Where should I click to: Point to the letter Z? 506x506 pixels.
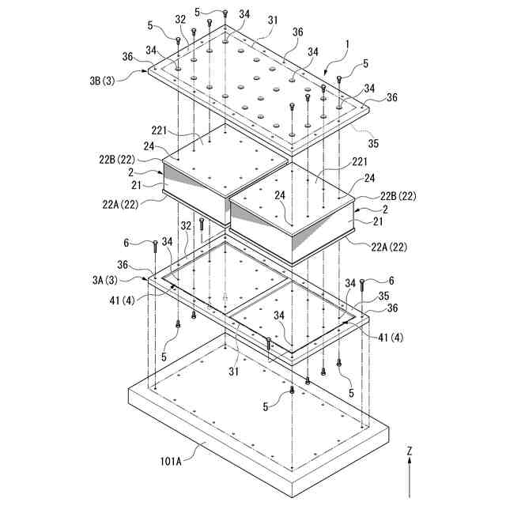tap(410, 451)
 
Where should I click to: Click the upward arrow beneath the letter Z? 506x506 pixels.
tap(410, 478)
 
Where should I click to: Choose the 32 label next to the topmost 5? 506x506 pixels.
tap(181, 19)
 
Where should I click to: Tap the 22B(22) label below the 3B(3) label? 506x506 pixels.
tap(117, 160)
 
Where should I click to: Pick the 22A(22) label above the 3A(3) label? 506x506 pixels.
tap(123, 204)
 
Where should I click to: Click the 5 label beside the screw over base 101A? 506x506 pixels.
tap(266, 407)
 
